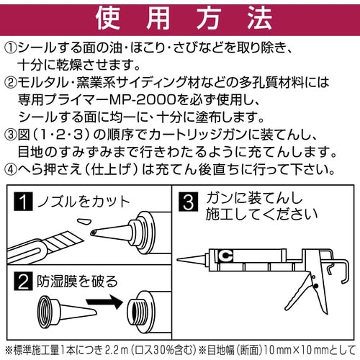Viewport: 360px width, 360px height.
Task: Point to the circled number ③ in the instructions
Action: coord(13,135)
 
